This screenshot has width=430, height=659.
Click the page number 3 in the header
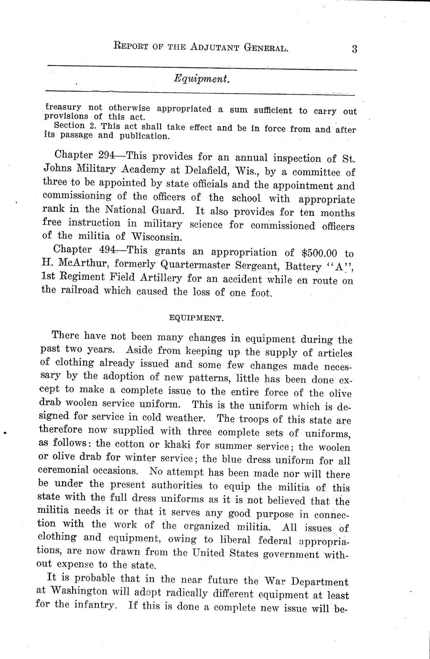[x=354, y=49]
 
